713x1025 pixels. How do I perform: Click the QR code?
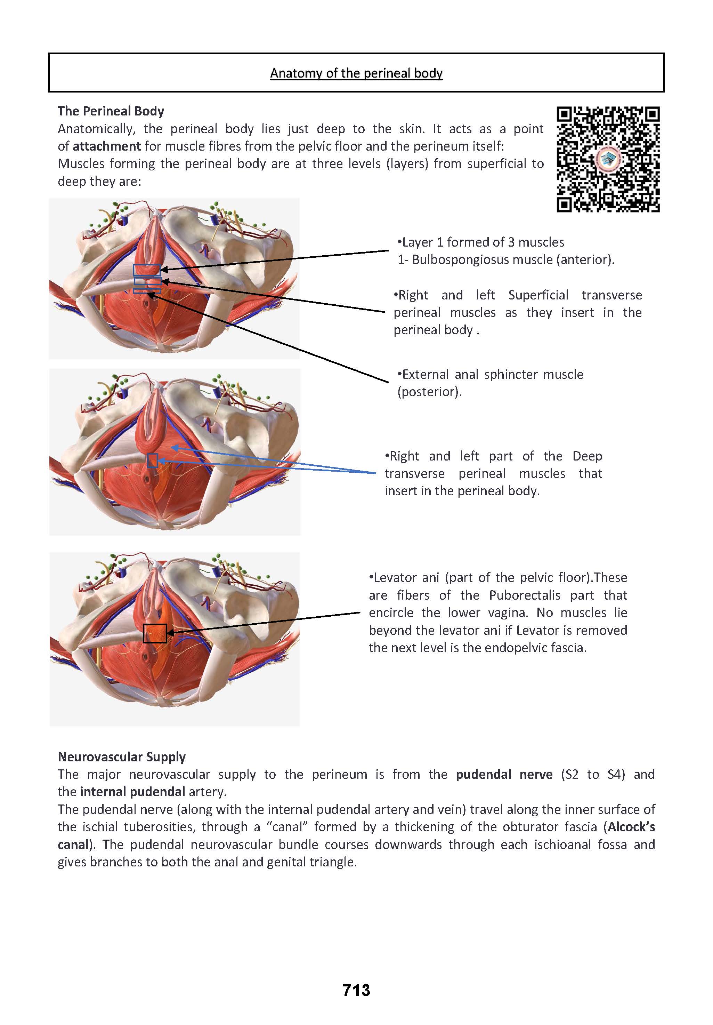click(608, 159)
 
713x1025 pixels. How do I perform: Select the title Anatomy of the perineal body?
click(356, 73)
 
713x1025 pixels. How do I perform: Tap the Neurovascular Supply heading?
click(121, 757)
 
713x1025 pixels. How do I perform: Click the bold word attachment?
click(107, 146)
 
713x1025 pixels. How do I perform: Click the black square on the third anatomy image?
click(154, 633)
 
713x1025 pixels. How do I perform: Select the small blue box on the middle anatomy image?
click(153, 460)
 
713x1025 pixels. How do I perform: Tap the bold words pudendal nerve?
click(504, 774)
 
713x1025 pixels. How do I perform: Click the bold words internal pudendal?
click(132, 792)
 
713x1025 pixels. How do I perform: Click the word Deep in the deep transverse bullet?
click(587, 456)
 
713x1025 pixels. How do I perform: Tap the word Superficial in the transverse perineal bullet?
click(538, 295)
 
